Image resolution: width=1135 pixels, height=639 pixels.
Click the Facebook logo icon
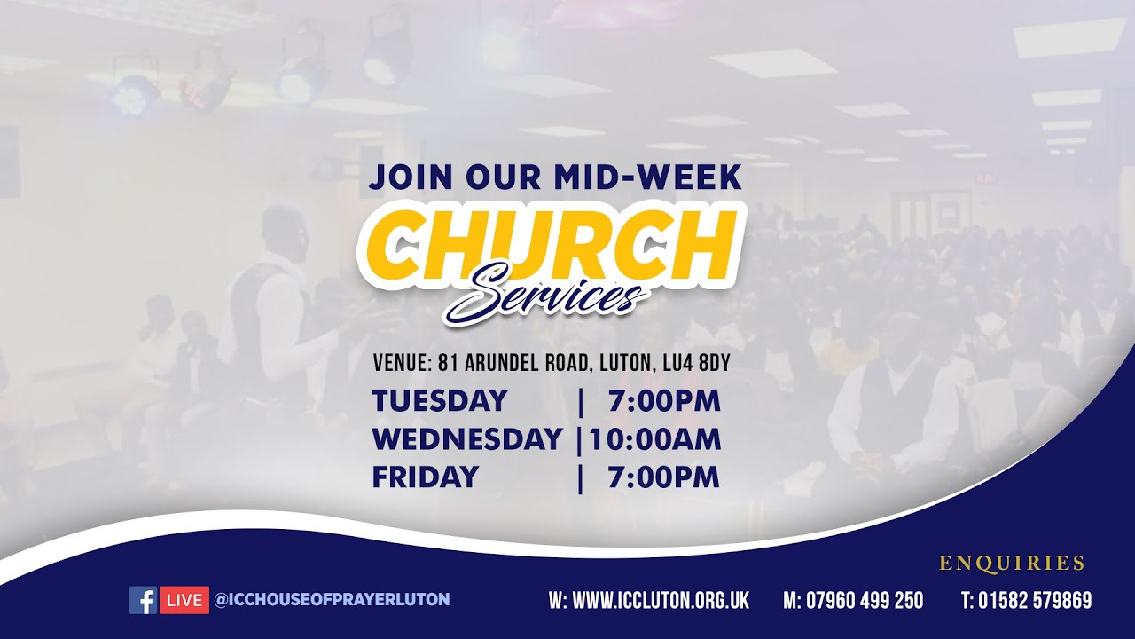pos(143,600)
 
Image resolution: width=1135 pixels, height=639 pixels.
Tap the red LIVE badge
pos(184,600)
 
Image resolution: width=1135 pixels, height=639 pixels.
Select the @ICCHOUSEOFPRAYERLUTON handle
pos(332,600)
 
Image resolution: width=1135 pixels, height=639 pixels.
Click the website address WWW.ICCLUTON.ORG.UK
pos(661,601)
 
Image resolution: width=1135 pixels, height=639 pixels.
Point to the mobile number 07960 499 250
pos(864,601)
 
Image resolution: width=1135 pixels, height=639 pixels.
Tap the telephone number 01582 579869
pos(1035,601)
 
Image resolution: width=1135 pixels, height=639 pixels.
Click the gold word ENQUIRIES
pos(1012,563)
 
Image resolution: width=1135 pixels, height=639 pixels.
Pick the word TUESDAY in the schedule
pos(440,401)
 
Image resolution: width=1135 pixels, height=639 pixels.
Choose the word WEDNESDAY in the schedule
pos(467,439)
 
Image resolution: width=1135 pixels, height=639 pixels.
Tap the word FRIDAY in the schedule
pos(425,477)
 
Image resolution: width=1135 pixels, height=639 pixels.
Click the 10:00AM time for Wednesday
pos(654,439)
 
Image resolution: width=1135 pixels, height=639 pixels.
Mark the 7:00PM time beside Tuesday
pos(664,401)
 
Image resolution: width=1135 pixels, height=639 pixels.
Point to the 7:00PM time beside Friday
pos(664,477)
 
